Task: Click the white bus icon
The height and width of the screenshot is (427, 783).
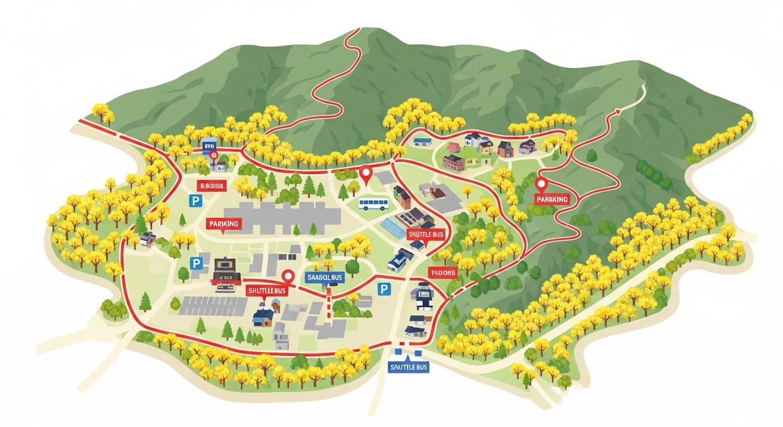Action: tap(373, 204)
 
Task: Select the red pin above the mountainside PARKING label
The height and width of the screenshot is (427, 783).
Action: tap(541, 185)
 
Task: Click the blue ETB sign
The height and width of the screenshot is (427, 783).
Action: tap(209, 145)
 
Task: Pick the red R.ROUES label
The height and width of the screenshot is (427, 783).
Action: tap(211, 185)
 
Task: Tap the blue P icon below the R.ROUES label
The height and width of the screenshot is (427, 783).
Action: tap(195, 201)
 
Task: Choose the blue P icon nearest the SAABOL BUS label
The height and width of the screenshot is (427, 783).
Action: tap(383, 289)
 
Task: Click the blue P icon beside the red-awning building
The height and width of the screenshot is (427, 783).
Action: tap(196, 263)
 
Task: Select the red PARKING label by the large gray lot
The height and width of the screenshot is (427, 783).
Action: tap(224, 224)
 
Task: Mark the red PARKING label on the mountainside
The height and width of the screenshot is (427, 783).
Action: tap(552, 199)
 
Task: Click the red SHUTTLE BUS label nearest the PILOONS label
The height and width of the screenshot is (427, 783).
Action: tap(427, 234)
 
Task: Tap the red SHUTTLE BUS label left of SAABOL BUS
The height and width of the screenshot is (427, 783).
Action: tap(267, 291)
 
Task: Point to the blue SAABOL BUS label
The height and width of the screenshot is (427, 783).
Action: tap(325, 277)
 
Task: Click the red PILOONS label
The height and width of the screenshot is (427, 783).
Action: tap(443, 272)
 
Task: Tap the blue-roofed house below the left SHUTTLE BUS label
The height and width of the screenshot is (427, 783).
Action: tap(263, 317)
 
